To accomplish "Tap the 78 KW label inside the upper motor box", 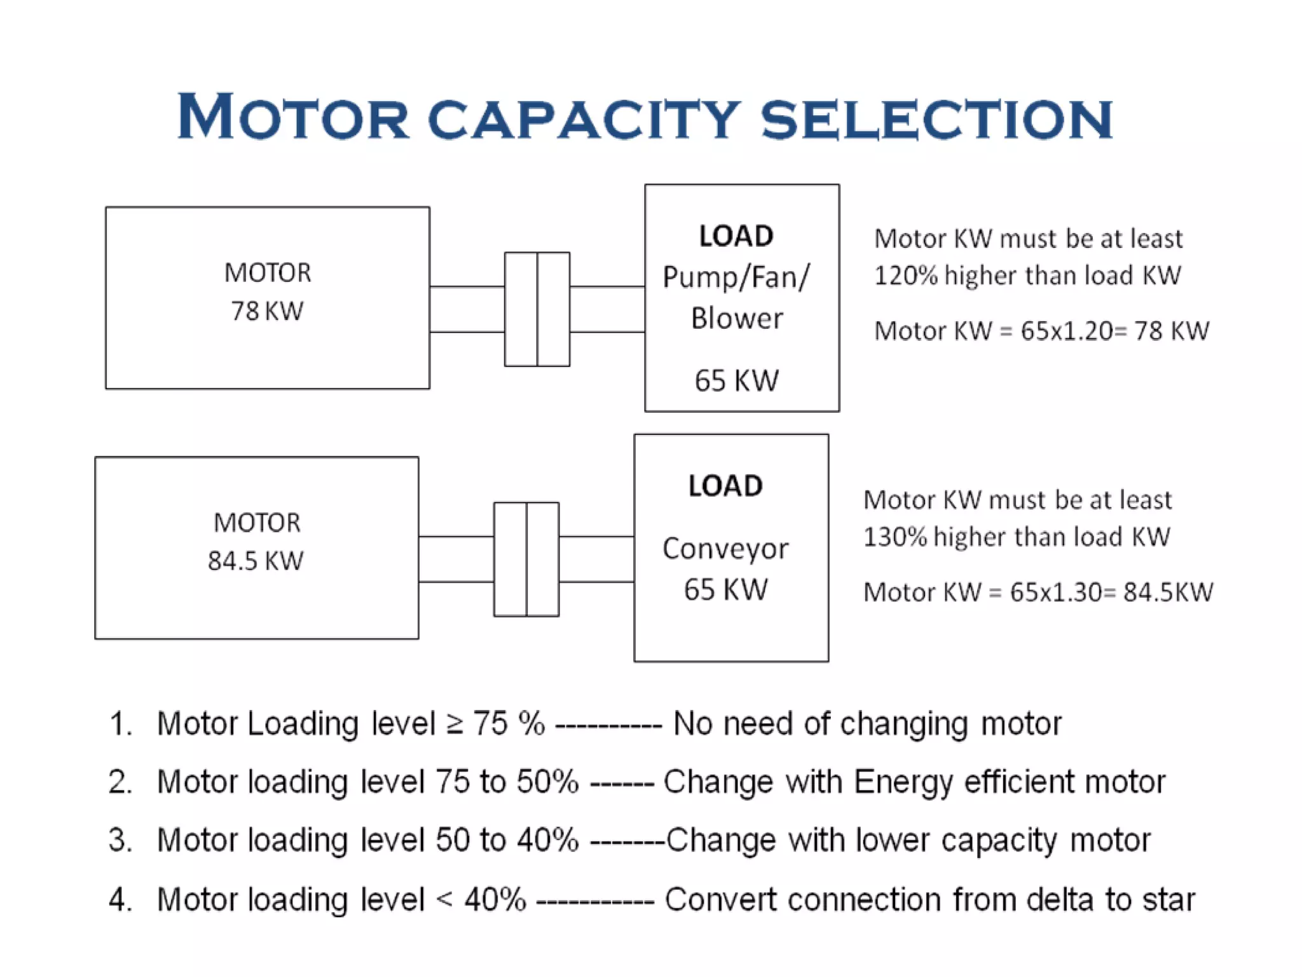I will click(x=267, y=311).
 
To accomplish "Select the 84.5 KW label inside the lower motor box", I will click(x=256, y=561).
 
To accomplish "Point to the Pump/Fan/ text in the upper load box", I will click(x=736, y=277).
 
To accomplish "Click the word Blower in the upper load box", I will click(x=737, y=318).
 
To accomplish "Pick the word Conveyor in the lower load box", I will click(x=725, y=548).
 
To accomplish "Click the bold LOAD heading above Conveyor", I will click(x=725, y=486).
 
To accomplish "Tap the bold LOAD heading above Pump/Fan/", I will click(x=736, y=236).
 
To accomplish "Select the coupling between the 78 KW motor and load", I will click(x=537, y=309).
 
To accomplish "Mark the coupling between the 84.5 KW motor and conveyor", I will click(x=526, y=559).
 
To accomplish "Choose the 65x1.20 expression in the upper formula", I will click(x=1066, y=331).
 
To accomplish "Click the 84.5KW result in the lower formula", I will click(x=1168, y=592).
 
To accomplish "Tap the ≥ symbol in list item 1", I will click(x=455, y=724).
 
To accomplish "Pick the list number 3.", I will click(x=120, y=840).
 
